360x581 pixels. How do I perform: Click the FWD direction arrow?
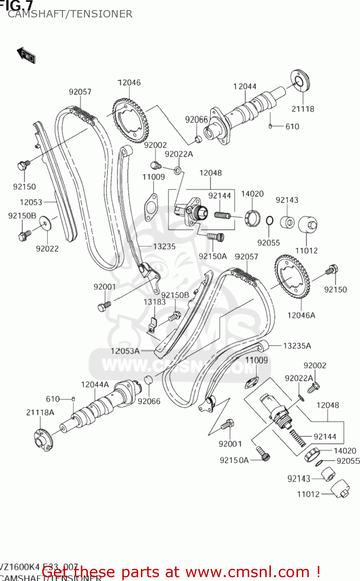(26, 55)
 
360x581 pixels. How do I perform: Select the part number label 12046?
(129, 83)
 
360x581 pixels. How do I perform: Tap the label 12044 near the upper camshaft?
(245, 86)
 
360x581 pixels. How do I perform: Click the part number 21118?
(303, 109)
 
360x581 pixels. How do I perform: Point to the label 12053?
(31, 202)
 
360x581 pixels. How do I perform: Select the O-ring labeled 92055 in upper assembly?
(270, 221)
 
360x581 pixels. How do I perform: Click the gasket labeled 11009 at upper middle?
(150, 207)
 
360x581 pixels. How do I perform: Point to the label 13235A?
(297, 346)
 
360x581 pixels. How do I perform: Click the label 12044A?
(95, 385)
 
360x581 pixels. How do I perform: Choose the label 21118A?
(40, 413)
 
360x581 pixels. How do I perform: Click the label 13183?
(154, 302)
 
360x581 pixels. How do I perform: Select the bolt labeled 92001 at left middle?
(104, 307)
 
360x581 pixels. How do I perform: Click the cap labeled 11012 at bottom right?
(341, 489)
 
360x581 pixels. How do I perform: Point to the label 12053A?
(125, 351)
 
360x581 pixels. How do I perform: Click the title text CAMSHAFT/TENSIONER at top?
(70, 14)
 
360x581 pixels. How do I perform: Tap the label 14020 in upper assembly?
(252, 194)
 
